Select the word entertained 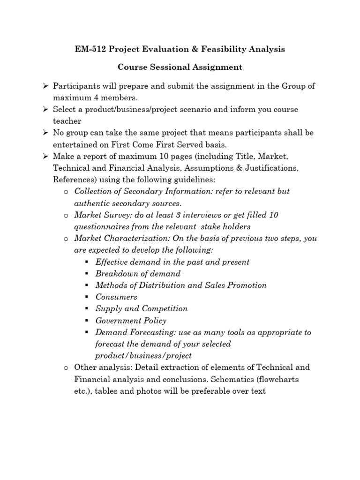(76, 144)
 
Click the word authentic (92, 203)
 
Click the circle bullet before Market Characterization (66, 239)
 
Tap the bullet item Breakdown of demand (138, 273)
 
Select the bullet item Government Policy (131, 321)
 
